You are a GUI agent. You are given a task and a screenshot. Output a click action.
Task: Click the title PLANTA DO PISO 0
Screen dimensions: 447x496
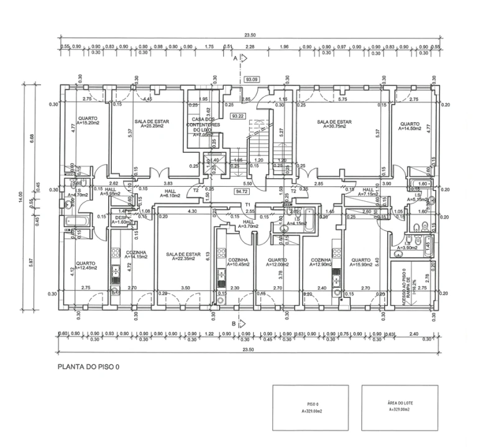(89, 367)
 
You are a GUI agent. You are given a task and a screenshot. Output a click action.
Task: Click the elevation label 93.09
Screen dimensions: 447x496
(251, 79)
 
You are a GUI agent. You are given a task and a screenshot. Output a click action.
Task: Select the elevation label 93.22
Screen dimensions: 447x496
(237, 115)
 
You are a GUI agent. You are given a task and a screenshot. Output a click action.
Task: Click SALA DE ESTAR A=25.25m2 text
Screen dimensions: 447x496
(148, 124)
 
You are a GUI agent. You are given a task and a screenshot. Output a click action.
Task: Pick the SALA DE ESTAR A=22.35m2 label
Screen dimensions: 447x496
(184, 257)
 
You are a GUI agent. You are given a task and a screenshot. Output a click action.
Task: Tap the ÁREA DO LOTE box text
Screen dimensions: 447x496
(399, 407)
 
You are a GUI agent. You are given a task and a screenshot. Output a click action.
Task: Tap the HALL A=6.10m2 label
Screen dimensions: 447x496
(170, 193)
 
